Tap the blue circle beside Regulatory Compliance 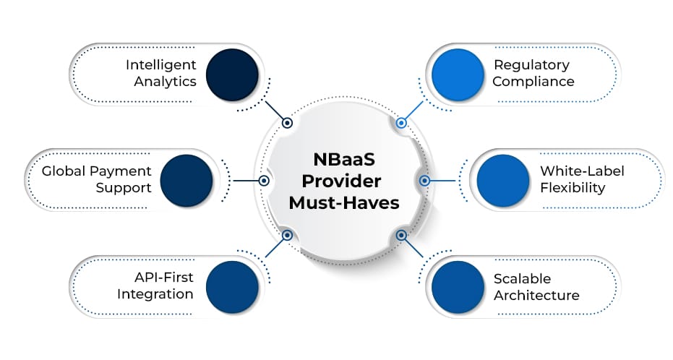[458, 73]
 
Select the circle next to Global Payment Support [186, 180]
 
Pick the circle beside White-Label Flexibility [504, 180]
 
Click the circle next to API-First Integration [232, 287]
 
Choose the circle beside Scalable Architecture [458, 287]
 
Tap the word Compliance [534, 81]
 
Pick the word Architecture [536, 295]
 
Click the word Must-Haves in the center [343, 203]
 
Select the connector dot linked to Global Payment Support [264, 180]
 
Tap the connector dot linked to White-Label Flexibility [424, 180]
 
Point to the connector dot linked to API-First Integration [287, 235]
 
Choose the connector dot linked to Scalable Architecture [401, 235]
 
